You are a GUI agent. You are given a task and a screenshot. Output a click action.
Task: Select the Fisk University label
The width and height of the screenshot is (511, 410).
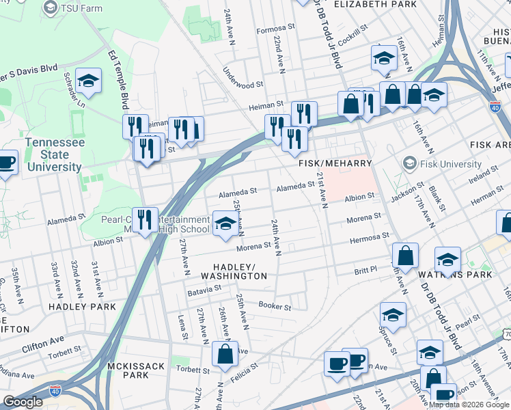pyautogui.click(x=450, y=164)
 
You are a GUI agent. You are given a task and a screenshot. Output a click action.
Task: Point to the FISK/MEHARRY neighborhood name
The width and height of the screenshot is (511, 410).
pyautogui.click(x=335, y=164)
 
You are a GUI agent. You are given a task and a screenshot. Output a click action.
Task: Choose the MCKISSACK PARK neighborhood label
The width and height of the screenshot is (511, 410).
pyautogui.click(x=136, y=370)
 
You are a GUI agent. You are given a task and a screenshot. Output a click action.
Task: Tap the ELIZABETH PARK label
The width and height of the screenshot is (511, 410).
pyautogui.click(x=375, y=4)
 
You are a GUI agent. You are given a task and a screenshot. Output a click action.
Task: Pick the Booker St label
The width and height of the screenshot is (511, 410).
pyautogui.click(x=275, y=307)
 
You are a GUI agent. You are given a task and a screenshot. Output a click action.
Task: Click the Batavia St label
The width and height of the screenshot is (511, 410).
pyautogui.click(x=204, y=290)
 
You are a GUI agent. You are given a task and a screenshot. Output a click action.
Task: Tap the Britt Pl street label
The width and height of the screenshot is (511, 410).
pyautogui.click(x=365, y=271)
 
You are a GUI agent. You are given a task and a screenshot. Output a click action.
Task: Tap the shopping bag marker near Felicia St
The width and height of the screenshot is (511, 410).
pyautogui.click(x=225, y=355)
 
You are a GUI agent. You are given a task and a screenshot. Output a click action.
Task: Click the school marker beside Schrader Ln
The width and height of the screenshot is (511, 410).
pyautogui.click(x=88, y=81)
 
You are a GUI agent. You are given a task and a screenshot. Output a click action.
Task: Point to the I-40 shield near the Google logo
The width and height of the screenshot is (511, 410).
pyautogui.click(x=56, y=390)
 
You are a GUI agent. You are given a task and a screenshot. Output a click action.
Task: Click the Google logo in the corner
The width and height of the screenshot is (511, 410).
pyautogui.click(x=23, y=402)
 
